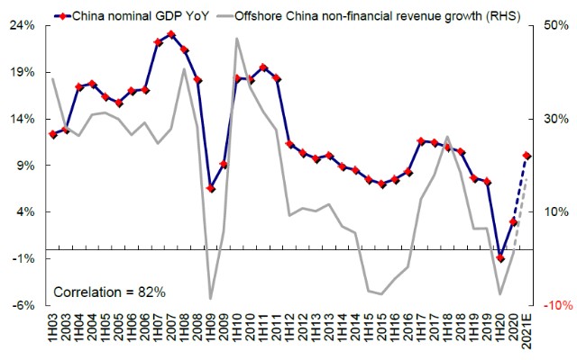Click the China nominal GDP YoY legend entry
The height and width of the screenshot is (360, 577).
coord(132,16)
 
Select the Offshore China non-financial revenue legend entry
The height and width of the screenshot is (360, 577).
coord(369,16)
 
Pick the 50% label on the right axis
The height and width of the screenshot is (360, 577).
coord(556,26)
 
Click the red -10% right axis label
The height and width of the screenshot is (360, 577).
coord(556,305)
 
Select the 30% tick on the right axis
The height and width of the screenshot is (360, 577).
coord(556,119)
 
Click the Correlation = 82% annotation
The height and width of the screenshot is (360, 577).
coord(109,292)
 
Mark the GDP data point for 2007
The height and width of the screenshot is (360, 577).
coord(171,34)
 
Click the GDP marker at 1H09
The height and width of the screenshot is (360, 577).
coord(211,188)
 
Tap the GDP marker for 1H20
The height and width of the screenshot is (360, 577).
coord(500,258)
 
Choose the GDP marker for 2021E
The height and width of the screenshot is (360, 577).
coord(527,156)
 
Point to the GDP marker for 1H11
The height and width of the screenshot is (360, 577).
coord(263,67)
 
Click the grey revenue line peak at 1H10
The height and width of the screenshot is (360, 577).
coord(237,38)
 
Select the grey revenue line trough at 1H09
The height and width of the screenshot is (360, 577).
coord(210,298)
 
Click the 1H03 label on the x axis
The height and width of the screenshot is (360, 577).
coord(53,328)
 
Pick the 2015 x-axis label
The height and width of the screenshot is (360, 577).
coord(382,328)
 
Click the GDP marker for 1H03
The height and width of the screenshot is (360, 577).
coord(53,135)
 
